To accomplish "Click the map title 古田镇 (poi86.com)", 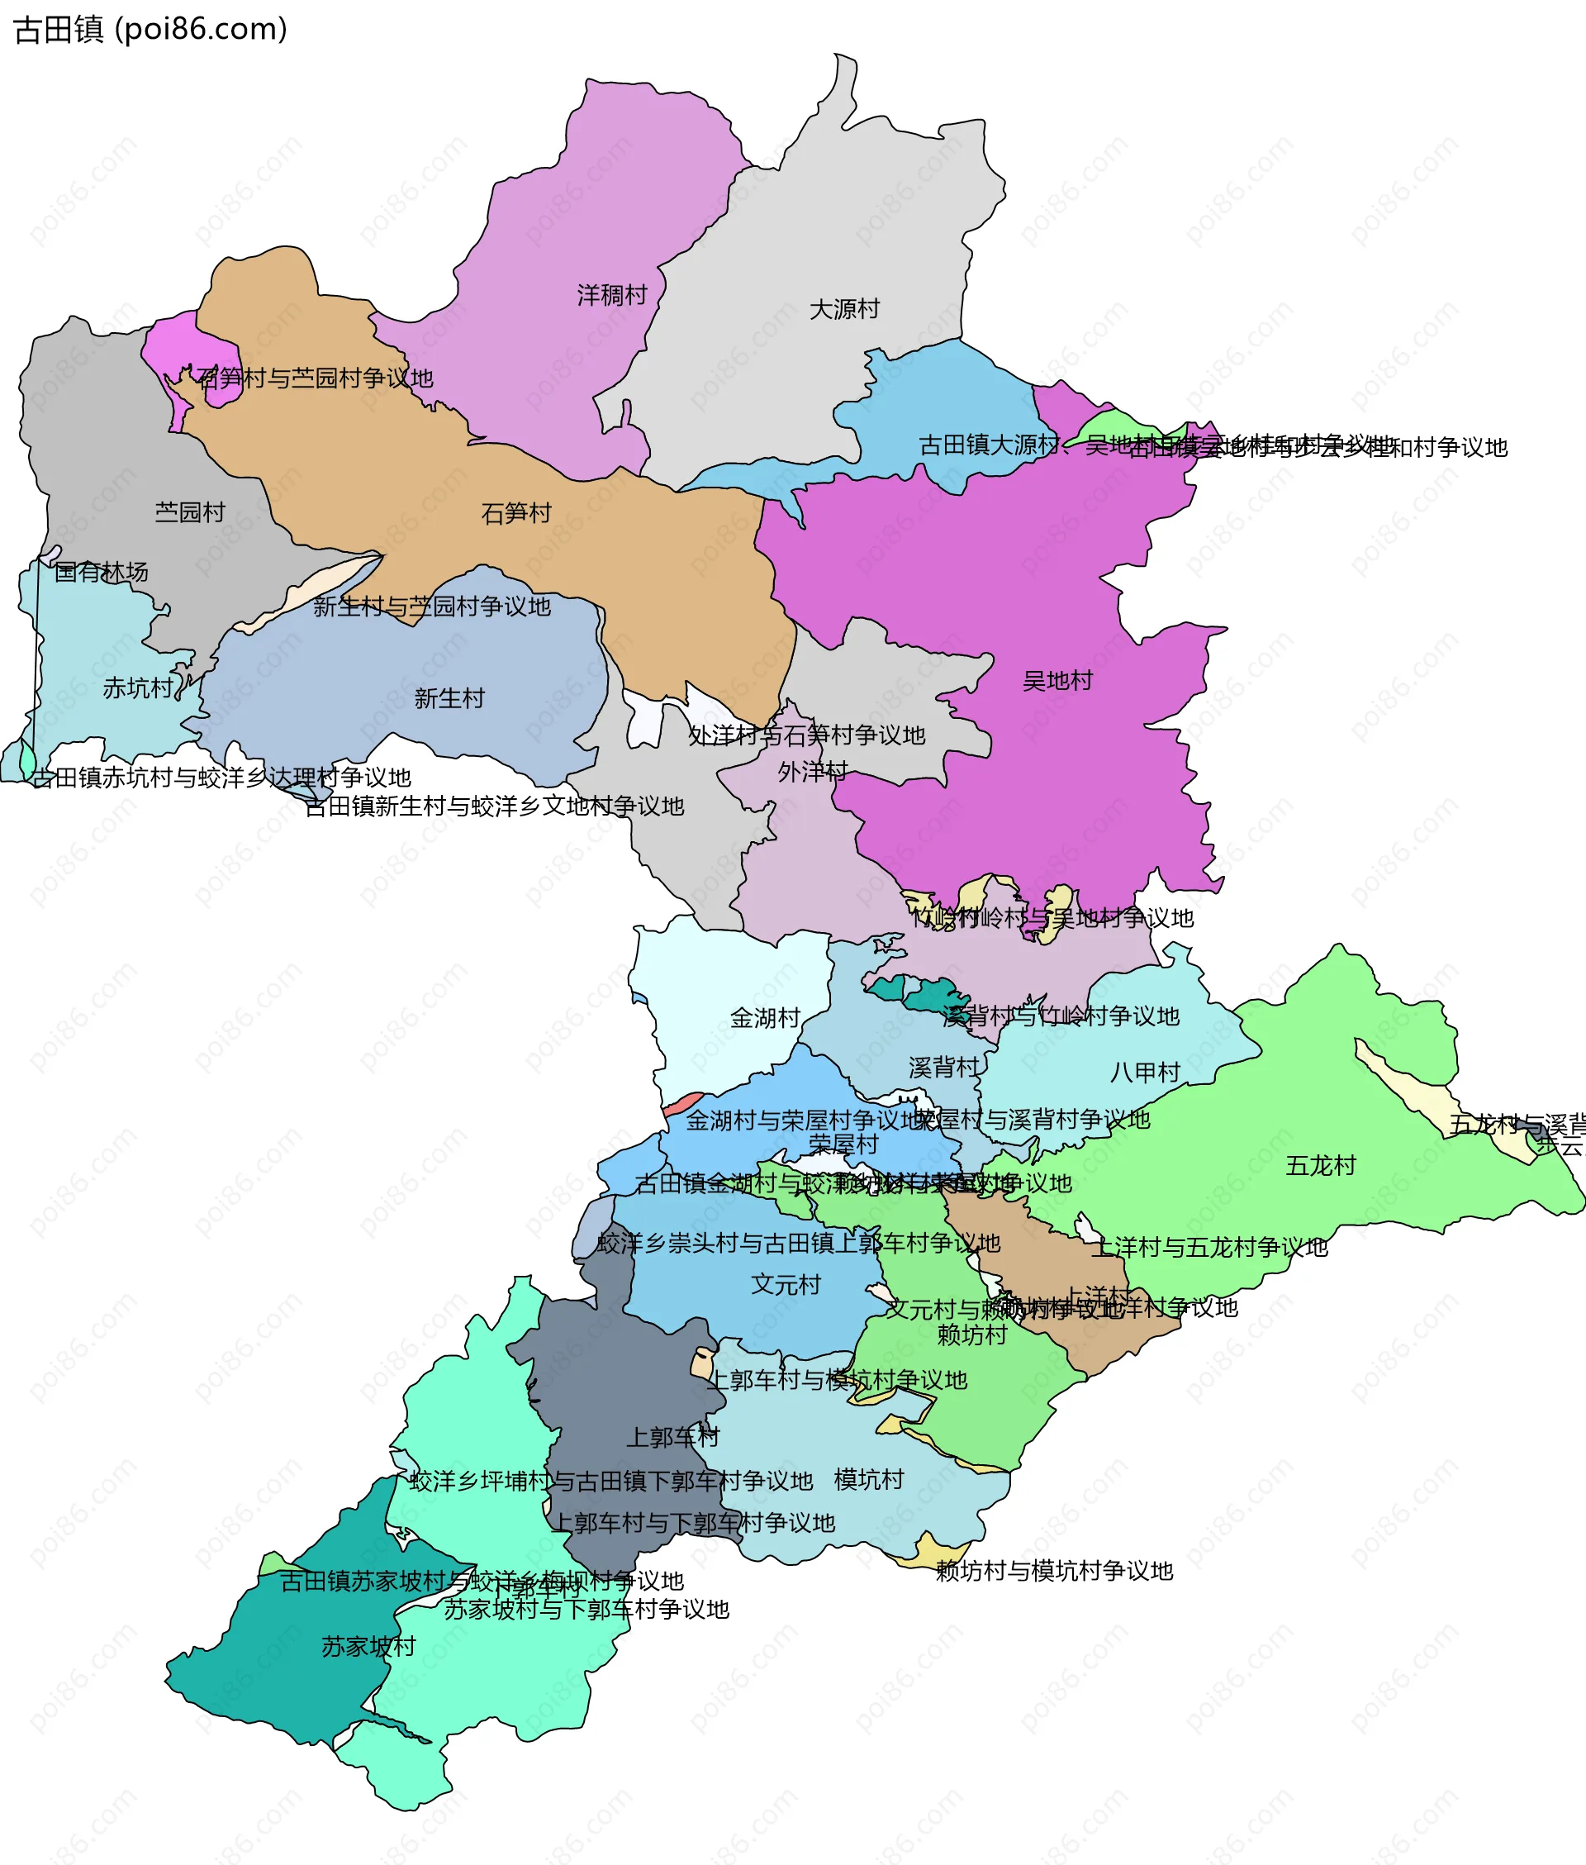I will pyautogui.click(x=150, y=29).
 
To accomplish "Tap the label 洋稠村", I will pyautogui.click(x=611, y=295).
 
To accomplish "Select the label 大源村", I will pyautogui.click(x=844, y=309).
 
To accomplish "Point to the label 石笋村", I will pyautogui.click(x=516, y=513).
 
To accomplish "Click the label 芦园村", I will pyautogui.click(x=190, y=512).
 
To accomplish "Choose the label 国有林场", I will pyautogui.click(x=101, y=572).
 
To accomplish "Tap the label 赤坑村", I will pyautogui.click(x=138, y=687).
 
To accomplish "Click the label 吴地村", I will pyautogui.click(x=1057, y=681).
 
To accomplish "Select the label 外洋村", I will pyautogui.click(x=813, y=772).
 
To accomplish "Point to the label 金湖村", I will pyautogui.click(x=765, y=1018).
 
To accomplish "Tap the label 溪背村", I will pyautogui.click(x=944, y=1068).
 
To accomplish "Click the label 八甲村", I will pyautogui.click(x=1145, y=1072).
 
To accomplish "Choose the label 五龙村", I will pyautogui.click(x=1320, y=1166).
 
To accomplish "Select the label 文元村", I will pyautogui.click(x=786, y=1284).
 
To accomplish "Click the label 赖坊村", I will pyautogui.click(x=972, y=1335).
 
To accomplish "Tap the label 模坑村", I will pyautogui.click(x=868, y=1479).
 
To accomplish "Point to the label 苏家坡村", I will pyautogui.click(x=368, y=1647).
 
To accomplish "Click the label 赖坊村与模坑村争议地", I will pyautogui.click(x=1054, y=1571).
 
